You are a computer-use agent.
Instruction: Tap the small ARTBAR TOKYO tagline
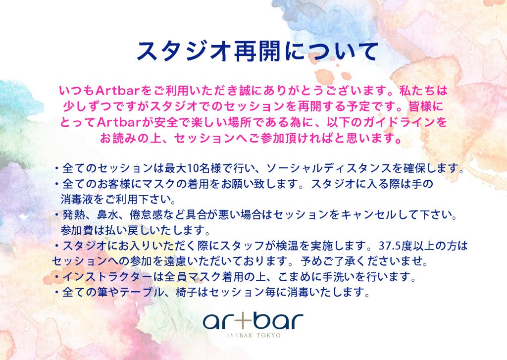(x=253, y=336)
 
